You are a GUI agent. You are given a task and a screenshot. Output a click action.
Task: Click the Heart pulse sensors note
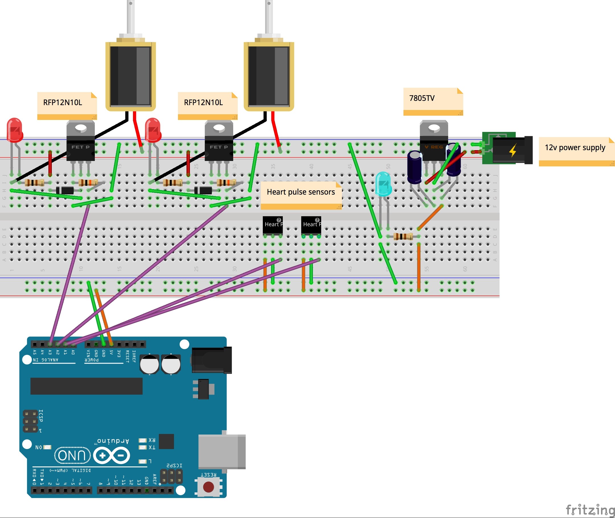pyautogui.click(x=301, y=195)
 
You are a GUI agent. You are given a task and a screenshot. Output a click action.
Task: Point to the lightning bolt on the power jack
pyautogui.click(x=512, y=150)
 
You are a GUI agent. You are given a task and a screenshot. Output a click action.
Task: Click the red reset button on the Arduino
pyautogui.click(x=208, y=487)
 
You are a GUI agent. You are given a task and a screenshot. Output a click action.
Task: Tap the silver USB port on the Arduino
pyautogui.click(x=222, y=452)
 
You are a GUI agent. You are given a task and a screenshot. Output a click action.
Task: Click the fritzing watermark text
pyautogui.click(x=590, y=509)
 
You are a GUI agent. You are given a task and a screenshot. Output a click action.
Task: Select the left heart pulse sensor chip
pyautogui.click(x=272, y=226)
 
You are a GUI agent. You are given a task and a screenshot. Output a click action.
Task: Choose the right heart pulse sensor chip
pyautogui.click(x=311, y=226)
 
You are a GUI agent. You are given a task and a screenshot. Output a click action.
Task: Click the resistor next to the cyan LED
pyautogui.click(x=403, y=236)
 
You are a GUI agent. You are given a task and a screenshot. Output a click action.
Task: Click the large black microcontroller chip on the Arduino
pyautogui.click(x=86, y=386)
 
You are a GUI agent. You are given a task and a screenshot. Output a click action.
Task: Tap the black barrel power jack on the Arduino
pyautogui.click(x=211, y=360)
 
